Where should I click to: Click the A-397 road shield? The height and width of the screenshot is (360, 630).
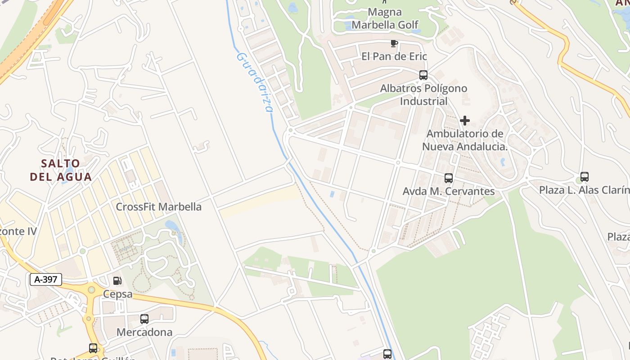click(46, 279)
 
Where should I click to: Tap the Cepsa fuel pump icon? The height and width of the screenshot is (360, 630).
click(117, 281)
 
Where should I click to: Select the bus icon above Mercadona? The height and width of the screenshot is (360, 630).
click(144, 319)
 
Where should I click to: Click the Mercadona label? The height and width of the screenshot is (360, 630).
click(144, 332)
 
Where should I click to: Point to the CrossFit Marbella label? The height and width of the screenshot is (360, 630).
click(159, 207)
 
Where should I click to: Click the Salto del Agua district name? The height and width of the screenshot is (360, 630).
click(61, 170)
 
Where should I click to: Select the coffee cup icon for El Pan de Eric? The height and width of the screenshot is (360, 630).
click(394, 43)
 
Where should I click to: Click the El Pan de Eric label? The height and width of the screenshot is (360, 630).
click(394, 56)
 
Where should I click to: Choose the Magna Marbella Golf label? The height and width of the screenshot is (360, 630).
click(385, 18)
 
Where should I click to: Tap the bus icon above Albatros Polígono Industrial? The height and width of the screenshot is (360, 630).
click(423, 75)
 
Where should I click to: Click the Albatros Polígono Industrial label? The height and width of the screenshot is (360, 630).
click(424, 94)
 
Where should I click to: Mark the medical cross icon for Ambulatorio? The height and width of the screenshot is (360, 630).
click(465, 121)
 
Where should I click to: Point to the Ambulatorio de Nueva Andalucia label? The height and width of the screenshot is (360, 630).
click(465, 140)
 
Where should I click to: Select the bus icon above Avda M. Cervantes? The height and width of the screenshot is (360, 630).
click(449, 178)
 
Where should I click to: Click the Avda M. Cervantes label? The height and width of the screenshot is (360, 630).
click(449, 191)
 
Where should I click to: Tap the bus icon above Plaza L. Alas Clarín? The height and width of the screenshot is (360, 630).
click(585, 177)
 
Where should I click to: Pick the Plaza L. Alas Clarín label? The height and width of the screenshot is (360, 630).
click(584, 190)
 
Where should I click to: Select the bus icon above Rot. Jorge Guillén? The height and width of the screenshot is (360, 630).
click(93, 348)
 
